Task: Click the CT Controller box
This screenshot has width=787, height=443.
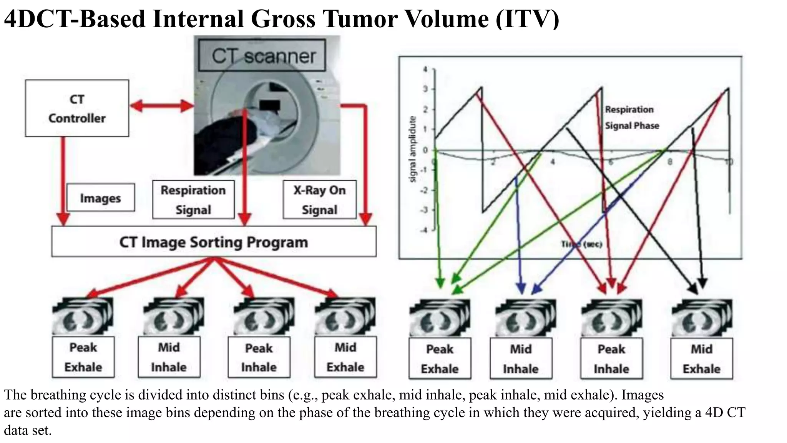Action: pos(77,108)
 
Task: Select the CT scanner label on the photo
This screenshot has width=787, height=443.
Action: pos(263,57)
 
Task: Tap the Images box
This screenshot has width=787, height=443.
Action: pos(100,198)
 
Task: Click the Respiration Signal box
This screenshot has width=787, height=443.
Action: pos(193,200)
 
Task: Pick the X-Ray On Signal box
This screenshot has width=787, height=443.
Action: pos(319,200)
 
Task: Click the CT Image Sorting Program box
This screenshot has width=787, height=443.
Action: pos(214,242)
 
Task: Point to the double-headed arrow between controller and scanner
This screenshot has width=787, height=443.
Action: pos(161,106)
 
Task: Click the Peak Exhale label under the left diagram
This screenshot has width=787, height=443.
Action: pos(83,357)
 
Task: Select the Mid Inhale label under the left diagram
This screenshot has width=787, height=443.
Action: pos(169,357)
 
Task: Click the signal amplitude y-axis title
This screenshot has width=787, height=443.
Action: pos(412,149)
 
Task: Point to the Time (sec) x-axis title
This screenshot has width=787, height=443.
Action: pos(581,244)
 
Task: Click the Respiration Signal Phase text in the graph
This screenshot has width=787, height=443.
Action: pos(631,118)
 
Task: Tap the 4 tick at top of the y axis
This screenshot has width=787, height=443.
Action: pos(425,70)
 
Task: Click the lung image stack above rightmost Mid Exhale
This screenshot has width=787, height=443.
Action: pos(701,318)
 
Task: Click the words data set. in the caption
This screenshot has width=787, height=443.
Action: pos(28,430)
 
